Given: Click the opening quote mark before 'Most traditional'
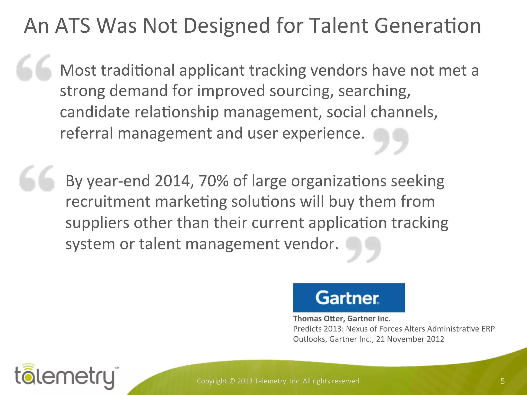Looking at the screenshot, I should (x=34, y=68).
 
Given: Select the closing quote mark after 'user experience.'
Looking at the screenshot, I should (x=391, y=141).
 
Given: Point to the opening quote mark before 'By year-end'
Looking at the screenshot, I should (x=37, y=178).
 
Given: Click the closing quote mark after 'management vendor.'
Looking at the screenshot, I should (x=363, y=249).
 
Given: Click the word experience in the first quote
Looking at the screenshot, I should (x=323, y=134).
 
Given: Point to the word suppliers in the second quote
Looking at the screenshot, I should (x=97, y=223).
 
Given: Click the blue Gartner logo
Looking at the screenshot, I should (x=349, y=298).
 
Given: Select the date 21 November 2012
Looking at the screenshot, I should (x=410, y=339).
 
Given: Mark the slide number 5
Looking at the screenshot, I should (x=503, y=381).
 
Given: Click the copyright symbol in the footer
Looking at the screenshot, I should (x=232, y=381).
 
